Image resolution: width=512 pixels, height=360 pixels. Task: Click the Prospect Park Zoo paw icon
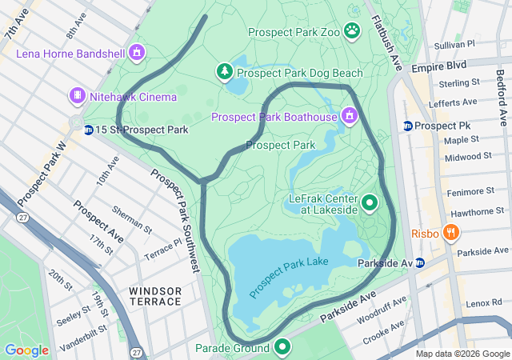click(x=352, y=31)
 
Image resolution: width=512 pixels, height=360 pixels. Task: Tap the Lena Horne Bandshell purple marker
click(x=137, y=54)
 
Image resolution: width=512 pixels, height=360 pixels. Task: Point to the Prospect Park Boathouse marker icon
click(x=348, y=118)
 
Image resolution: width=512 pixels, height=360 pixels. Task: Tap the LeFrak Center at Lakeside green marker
click(x=370, y=202)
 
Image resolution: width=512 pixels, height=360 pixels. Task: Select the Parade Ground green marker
click(x=282, y=347)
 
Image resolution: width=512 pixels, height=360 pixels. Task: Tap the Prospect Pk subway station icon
click(x=408, y=126)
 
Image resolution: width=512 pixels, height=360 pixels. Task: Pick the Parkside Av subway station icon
click(x=420, y=262)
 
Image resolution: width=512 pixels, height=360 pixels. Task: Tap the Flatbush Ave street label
click(x=385, y=36)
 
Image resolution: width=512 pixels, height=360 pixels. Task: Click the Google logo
click(x=26, y=350)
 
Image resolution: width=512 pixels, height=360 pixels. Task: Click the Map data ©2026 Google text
click(x=462, y=354)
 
